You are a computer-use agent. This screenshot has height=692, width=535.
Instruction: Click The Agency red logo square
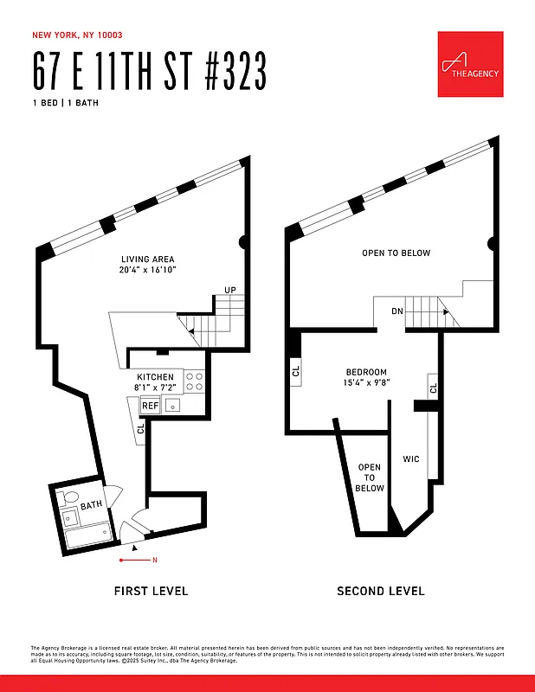pos(470,64)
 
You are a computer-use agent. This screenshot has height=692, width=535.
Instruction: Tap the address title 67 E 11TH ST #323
pos(148,72)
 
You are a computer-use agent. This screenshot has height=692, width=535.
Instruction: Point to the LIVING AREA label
pos(147,259)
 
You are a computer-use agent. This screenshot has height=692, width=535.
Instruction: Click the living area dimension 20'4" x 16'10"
pos(147,271)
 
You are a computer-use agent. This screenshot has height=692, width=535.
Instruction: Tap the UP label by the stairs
pos(230,290)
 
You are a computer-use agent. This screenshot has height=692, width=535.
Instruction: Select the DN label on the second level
pos(396,311)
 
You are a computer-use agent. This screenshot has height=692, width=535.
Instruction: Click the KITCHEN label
pos(155,377)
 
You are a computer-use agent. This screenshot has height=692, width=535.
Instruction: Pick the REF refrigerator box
pos(150,405)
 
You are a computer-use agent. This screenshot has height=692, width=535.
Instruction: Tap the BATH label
pos(92,506)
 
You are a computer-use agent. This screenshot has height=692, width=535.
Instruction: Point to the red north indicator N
pos(154,561)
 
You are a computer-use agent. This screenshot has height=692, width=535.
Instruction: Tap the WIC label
pos(411,458)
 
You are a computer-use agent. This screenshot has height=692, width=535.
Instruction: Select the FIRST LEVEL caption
pos(151,592)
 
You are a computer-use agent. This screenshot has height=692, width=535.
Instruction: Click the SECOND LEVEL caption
pos(381,592)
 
